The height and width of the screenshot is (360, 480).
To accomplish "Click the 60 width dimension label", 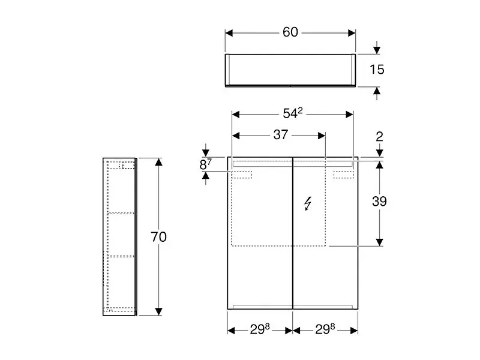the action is (x=290, y=32).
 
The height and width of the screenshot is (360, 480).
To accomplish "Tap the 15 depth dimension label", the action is (x=377, y=70).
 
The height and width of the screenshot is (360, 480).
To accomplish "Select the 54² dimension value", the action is (x=293, y=113).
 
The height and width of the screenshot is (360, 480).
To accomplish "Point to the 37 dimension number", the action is (x=281, y=134).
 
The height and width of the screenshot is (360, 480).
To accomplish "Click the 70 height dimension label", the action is (x=158, y=236).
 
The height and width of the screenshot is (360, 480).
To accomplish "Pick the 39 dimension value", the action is (x=379, y=202).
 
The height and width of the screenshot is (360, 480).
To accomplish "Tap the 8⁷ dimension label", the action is (x=205, y=164).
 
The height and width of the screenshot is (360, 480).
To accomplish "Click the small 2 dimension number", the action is (x=379, y=137).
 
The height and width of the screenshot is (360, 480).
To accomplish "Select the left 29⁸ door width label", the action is (x=260, y=329).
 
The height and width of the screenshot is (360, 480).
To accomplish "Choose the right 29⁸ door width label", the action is (x=325, y=329).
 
